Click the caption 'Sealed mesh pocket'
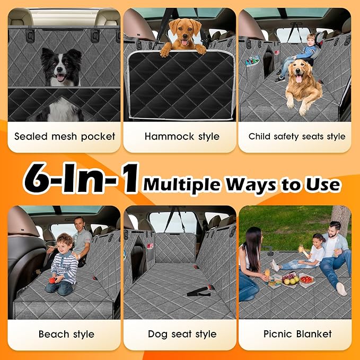(x=65, y=136)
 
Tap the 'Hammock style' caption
(x=182, y=136)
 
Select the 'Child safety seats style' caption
(x=297, y=136)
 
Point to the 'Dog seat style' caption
(x=182, y=334)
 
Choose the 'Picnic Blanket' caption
(x=297, y=334)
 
